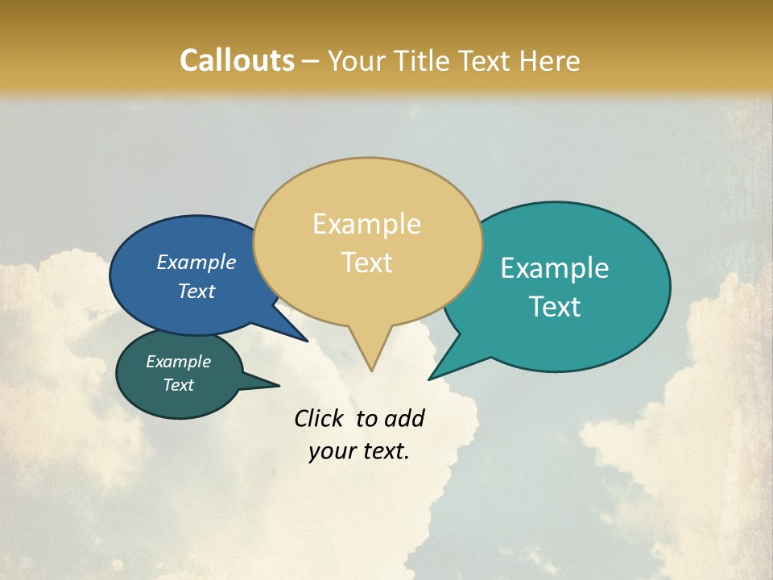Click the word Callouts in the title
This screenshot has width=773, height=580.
click(x=237, y=61)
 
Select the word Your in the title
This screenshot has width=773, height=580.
click(x=355, y=61)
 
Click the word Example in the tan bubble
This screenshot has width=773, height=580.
click(x=366, y=224)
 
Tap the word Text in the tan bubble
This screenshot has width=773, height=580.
click(x=366, y=263)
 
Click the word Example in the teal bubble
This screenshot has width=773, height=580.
click(x=555, y=268)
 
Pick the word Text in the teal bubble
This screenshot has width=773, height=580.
click(x=555, y=307)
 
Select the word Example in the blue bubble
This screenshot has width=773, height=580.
click(x=196, y=263)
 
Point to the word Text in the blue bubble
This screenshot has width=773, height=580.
click(x=196, y=292)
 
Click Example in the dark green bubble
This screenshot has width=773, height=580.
click(x=178, y=362)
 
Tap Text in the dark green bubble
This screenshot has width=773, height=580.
click(x=178, y=385)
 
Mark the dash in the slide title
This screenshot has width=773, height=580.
click(x=311, y=61)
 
